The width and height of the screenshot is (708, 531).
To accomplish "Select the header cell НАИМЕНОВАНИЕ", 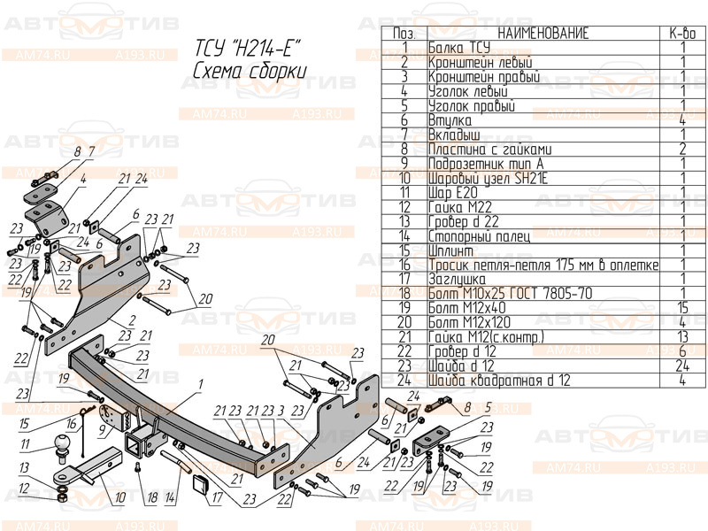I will pos(543,34).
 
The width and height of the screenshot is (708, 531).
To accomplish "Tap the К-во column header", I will pos(682,34).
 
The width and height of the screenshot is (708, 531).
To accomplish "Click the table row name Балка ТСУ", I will pos(458,48).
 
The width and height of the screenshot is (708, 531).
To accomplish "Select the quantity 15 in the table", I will pos(682,306).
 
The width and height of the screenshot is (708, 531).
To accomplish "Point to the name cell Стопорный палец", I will pos(478,235).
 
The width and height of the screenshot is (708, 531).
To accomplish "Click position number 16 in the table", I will pos(404,264).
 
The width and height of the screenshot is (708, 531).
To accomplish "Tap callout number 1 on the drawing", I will pos(201,383).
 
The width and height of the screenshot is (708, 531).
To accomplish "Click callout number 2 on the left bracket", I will pos(130,319).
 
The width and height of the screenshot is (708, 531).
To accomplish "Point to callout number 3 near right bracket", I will pos(280,410).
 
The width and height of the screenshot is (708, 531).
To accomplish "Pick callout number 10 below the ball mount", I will pos(120,498).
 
